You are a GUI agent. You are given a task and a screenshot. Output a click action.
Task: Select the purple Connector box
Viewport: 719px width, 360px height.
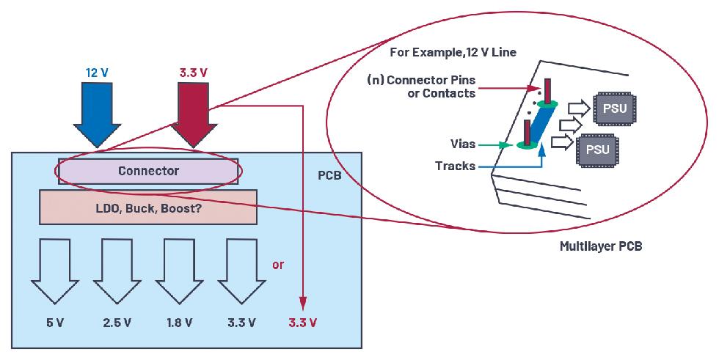149,171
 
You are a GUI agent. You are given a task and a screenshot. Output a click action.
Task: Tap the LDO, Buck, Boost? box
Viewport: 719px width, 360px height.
149,207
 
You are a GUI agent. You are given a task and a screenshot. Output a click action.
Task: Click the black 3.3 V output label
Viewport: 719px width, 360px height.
241,323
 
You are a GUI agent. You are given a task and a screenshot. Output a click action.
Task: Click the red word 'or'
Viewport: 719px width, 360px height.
278,265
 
